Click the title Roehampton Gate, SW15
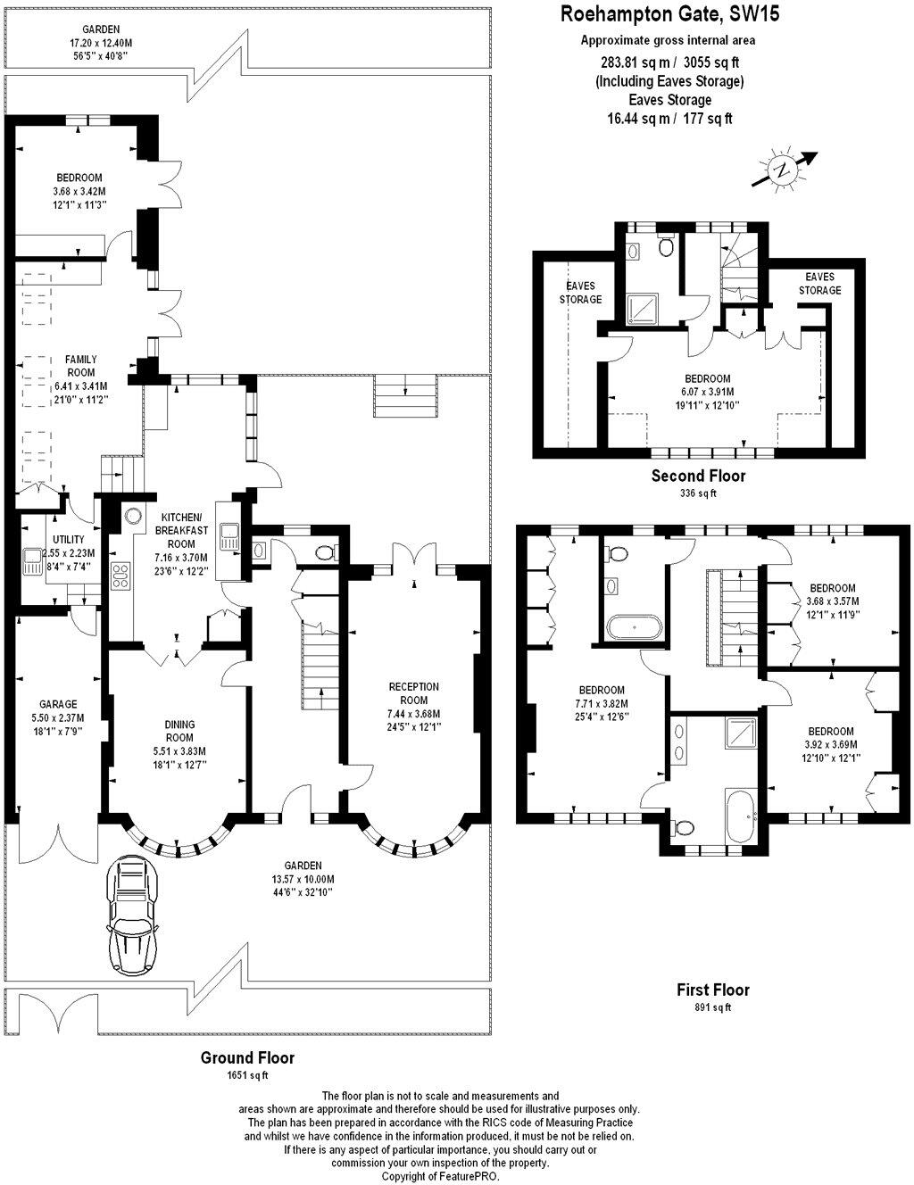pos(669,14)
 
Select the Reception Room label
pos(414,693)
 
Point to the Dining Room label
pos(179,731)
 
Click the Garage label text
pos(58,704)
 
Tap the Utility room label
pos(69,539)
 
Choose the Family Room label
pos(80,366)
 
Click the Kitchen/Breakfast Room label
pos(181,530)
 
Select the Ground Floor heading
pos(247,1057)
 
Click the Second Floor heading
pos(698,476)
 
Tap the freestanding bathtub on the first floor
pos(636,627)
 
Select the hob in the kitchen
pos(120,576)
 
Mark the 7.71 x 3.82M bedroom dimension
pos(602,703)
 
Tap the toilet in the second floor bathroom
pos(665,246)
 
